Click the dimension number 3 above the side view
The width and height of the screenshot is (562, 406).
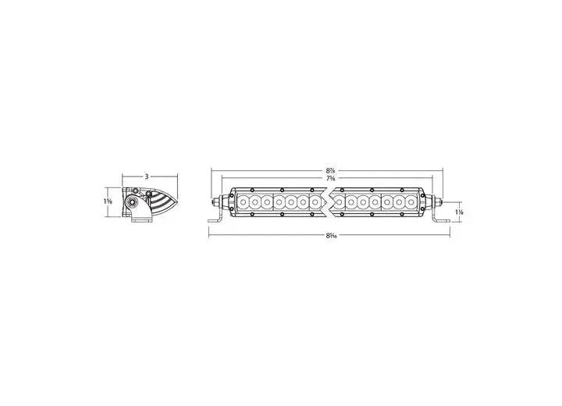coord(146,177)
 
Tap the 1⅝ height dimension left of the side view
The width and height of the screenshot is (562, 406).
coord(108,201)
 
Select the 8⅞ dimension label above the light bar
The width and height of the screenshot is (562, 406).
coord(332,169)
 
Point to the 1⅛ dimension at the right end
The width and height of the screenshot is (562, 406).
coord(461,212)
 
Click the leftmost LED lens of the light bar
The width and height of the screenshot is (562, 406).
coord(243,202)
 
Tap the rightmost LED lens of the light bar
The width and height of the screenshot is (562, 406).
coord(412,202)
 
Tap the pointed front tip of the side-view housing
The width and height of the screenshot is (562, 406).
coord(177,201)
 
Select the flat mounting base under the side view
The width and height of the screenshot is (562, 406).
coord(141,219)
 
